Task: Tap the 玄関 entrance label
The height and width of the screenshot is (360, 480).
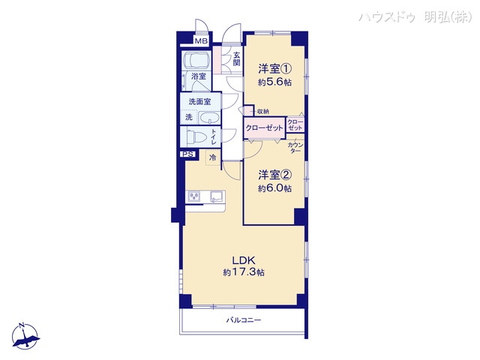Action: (x=236, y=58)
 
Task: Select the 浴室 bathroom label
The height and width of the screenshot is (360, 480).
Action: (x=199, y=76)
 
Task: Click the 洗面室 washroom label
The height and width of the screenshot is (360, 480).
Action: (x=199, y=102)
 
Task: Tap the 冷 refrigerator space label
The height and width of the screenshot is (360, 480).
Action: (x=212, y=157)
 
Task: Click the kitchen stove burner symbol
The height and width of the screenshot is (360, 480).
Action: (x=195, y=197)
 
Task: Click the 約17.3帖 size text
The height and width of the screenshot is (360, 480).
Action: (x=243, y=273)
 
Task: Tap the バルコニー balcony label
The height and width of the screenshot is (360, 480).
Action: (x=244, y=320)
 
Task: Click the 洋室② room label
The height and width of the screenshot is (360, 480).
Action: (x=274, y=174)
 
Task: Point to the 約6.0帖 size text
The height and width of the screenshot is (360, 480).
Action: (x=274, y=188)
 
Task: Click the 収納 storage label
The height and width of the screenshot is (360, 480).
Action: (x=262, y=112)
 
